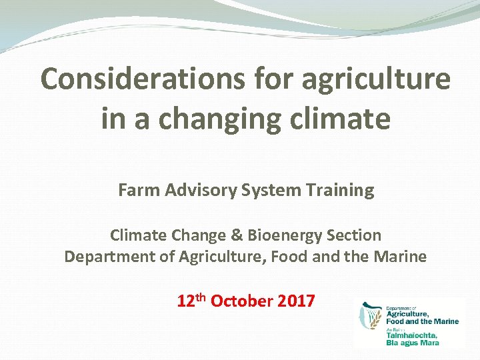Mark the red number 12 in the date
click(x=185, y=301)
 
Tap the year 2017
click(x=296, y=301)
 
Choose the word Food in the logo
click(x=398, y=321)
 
